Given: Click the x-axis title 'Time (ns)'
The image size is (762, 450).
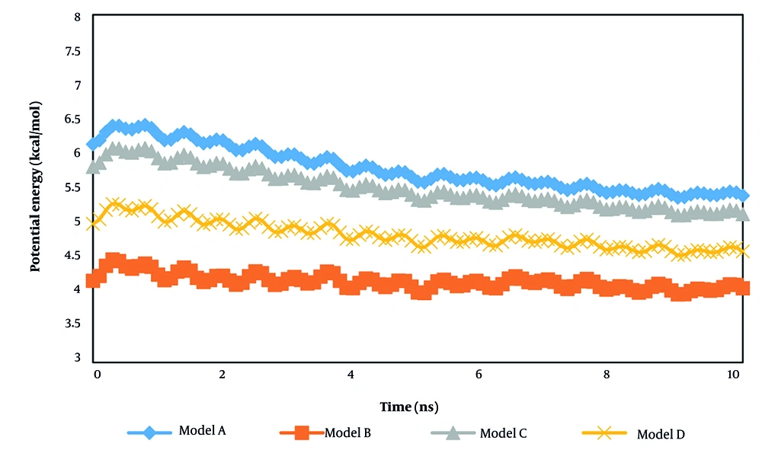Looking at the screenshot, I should [x=408, y=407].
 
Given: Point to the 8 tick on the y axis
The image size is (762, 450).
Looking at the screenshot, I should [x=75, y=17].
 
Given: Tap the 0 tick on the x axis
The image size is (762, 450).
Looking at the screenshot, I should [x=97, y=375].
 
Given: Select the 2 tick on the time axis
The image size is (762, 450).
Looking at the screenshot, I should [x=222, y=375].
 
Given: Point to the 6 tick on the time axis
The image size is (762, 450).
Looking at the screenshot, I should [x=479, y=375].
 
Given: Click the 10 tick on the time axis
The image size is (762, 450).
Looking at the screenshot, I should [x=732, y=375].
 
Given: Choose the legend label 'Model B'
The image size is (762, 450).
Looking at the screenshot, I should [x=347, y=433].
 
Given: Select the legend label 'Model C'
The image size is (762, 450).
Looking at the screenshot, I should [x=503, y=433].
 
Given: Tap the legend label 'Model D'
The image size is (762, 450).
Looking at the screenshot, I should [x=661, y=434].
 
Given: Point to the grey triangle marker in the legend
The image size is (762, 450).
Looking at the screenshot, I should [x=453, y=433].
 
